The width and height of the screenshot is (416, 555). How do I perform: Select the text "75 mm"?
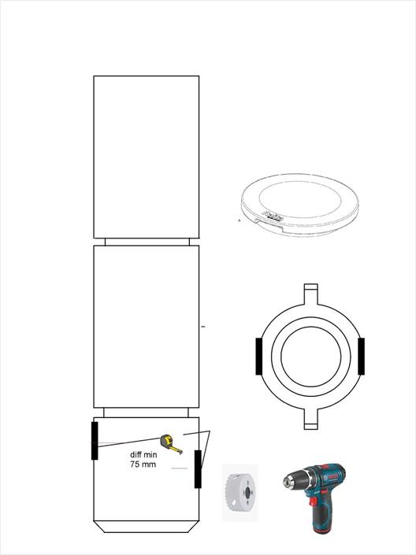[x=143, y=464]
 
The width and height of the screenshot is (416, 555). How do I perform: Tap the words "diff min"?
[x=143, y=454]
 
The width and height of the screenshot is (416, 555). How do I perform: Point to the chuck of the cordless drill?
[x=291, y=482]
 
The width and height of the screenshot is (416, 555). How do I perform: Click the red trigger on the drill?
[x=313, y=501]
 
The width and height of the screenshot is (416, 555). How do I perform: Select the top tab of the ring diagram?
[x=310, y=294]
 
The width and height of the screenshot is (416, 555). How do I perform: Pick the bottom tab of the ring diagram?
[x=310, y=419]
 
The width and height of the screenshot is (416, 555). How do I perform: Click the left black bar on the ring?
[x=258, y=356]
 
